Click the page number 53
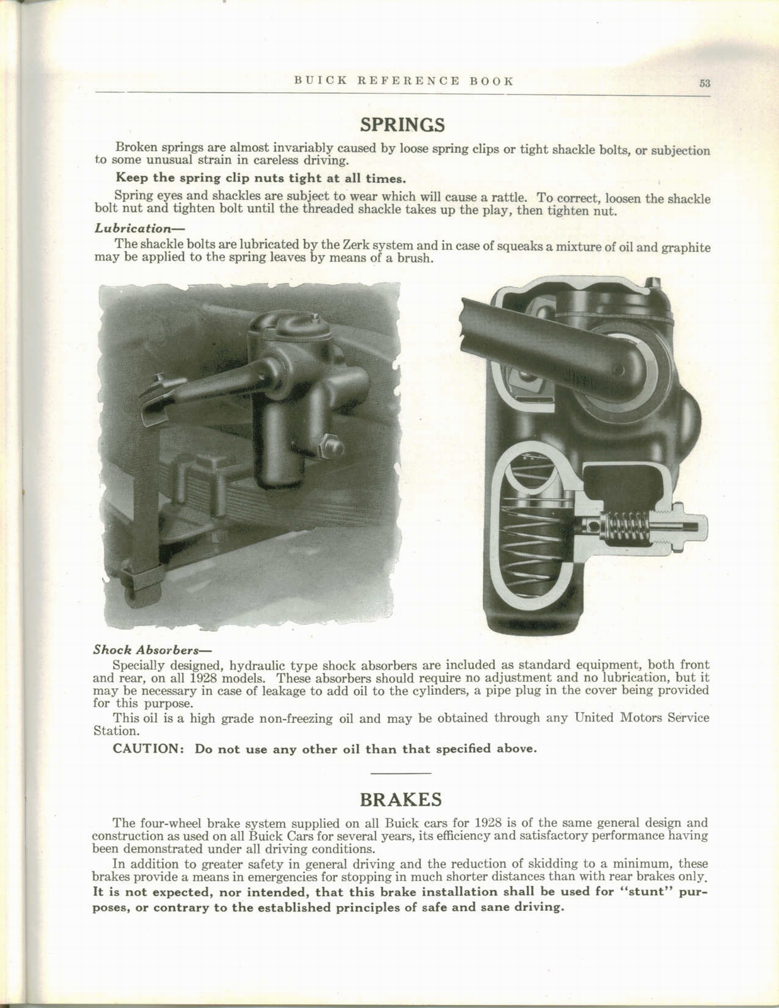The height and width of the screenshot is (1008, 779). pyautogui.click(x=704, y=83)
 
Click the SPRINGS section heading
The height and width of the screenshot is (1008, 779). pyautogui.click(x=402, y=125)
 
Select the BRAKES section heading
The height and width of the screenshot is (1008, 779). pyautogui.click(x=400, y=799)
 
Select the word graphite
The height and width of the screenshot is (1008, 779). pyautogui.click(x=685, y=248)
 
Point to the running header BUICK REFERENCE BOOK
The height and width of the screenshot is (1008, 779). pyautogui.click(x=404, y=81)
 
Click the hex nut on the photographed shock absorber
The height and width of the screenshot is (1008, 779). pyautogui.click(x=332, y=446)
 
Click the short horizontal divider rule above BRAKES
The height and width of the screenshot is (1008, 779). pyautogui.click(x=401, y=773)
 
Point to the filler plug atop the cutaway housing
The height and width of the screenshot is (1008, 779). pyautogui.click(x=654, y=282)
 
